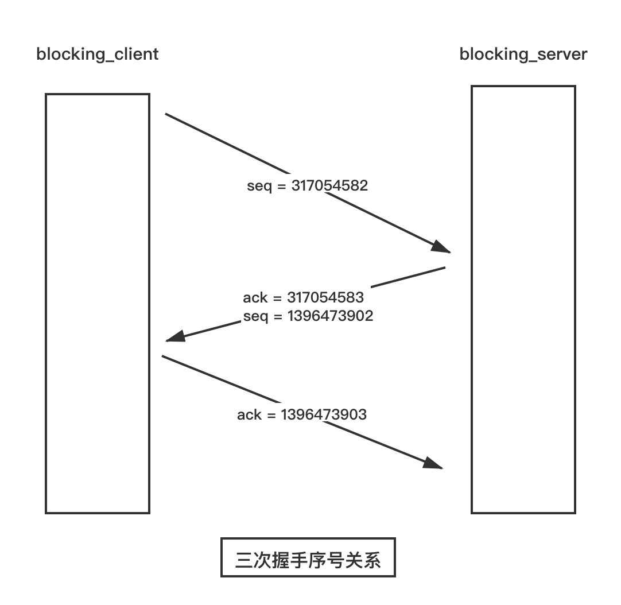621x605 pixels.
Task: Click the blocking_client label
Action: (98, 55)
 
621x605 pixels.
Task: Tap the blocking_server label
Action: (523, 55)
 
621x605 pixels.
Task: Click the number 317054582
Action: (329, 185)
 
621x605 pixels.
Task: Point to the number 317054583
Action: (325, 297)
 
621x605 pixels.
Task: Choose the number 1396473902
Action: (331, 316)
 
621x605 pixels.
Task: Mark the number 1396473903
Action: (324, 415)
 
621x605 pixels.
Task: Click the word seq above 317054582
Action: (259, 186)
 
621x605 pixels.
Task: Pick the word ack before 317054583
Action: (255, 297)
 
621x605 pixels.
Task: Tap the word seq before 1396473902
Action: (256, 317)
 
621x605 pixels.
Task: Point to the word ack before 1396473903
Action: (250, 415)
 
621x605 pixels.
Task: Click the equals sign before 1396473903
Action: (271, 415)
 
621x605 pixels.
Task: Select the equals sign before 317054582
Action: (282, 186)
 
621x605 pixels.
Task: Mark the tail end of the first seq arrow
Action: (165, 114)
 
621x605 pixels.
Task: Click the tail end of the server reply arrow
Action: (445, 267)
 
